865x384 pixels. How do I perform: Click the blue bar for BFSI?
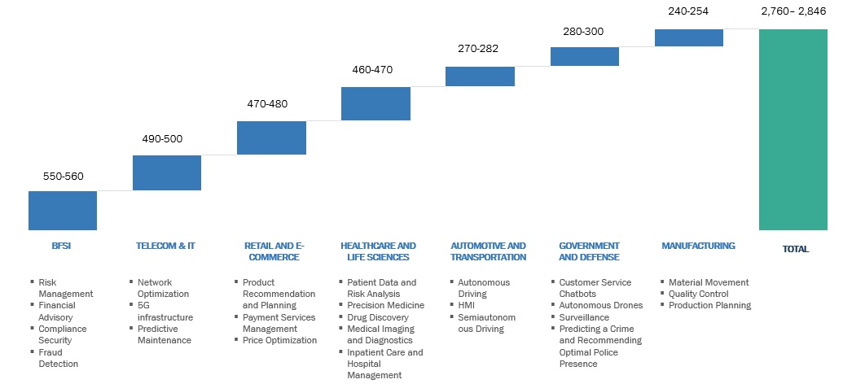(x=63, y=211)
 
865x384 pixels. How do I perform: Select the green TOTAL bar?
(x=793, y=129)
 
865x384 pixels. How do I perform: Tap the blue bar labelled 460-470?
(x=375, y=103)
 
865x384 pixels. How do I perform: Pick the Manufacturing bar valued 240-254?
(x=688, y=37)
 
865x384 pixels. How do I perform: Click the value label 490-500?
(x=162, y=139)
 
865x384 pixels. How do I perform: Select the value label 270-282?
(x=478, y=49)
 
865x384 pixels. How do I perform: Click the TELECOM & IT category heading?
(x=165, y=246)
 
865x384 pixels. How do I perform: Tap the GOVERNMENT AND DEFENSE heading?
(x=589, y=251)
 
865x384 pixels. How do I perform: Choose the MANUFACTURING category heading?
(x=698, y=246)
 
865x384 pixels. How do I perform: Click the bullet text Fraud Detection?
(x=59, y=358)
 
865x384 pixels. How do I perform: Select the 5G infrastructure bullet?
(x=165, y=311)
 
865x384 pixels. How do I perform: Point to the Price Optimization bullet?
(x=279, y=340)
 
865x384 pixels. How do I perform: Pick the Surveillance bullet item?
(x=584, y=317)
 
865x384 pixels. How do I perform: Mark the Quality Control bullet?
(x=698, y=294)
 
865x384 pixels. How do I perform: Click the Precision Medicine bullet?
(x=385, y=305)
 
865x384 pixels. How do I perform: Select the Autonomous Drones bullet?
(x=600, y=305)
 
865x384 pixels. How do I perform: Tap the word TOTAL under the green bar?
(x=796, y=250)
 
